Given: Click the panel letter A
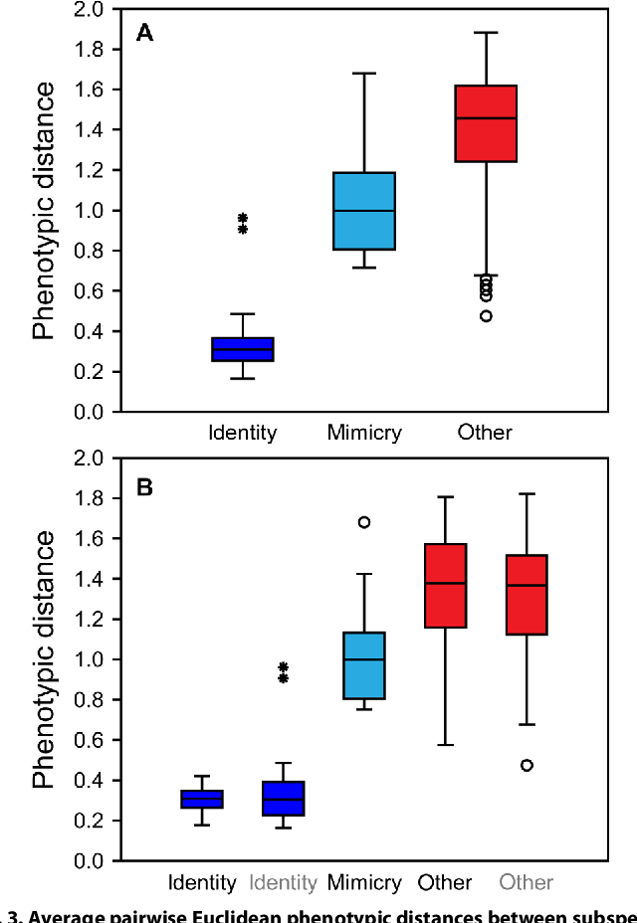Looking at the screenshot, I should [144, 34].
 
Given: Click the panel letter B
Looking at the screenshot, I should [144, 489].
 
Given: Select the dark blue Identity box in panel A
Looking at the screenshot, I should [243, 349].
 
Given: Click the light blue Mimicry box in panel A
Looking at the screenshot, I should [364, 211].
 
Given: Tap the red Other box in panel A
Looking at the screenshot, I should [486, 123].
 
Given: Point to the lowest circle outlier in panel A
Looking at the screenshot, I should [486, 316].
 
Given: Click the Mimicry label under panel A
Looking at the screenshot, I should [364, 433].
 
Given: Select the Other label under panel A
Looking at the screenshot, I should [485, 433].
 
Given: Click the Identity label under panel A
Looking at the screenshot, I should [242, 433].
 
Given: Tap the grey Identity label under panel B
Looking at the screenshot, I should [284, 882].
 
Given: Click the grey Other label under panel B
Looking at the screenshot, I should [526, 882].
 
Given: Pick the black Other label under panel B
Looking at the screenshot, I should [445, 882].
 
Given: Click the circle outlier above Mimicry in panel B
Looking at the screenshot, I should [364, 522].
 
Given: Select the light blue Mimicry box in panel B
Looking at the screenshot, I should [364, 665].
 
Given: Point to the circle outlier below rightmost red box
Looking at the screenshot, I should [526, 765].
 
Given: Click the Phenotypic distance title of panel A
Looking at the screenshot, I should [45, 211].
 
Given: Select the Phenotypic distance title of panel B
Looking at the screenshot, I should [45, 659].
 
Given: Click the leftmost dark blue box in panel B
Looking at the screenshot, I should [202, 799].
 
